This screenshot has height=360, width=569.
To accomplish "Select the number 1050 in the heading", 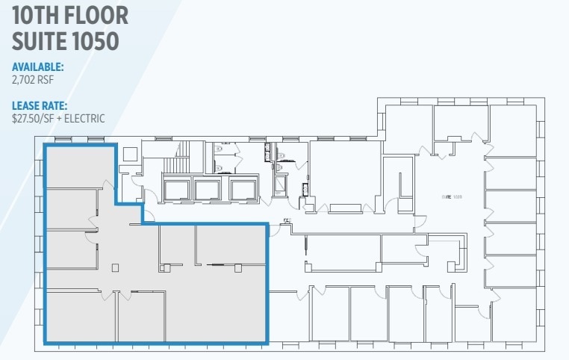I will pyautogui.click(x=92, y=40).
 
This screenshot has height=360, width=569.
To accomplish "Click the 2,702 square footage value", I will pyautogui.click(x=25, y=78).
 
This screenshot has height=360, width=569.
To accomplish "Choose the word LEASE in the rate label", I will pyautogui.click(x=28, y=106).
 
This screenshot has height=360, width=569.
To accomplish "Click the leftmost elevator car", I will pyautogui.click(x=176, y=190).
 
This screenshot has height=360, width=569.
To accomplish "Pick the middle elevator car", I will pyautogui.click(x=207, y=190).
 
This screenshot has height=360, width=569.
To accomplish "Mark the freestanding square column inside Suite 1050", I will pyautogui.click(x=114, y=267).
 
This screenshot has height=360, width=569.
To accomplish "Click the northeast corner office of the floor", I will pyautogui.click(x=513, y=130).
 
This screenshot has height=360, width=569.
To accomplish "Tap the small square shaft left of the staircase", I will pyautogui.click(x=129, y=153).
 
